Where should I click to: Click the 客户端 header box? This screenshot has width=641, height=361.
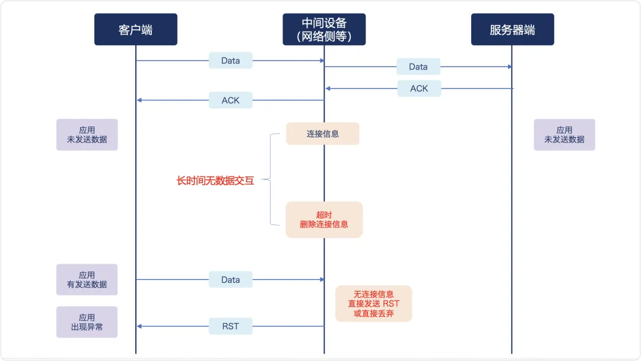tap(135, 30)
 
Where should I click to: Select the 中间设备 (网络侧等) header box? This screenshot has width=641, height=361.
tap(323, 30)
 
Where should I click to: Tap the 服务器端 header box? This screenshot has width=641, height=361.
tap(512, 30)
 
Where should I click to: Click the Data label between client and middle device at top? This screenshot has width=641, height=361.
tap(230, 61)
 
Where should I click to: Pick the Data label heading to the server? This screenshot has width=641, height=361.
tap(418, 66)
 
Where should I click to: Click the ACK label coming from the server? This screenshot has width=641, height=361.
tap(419, 88)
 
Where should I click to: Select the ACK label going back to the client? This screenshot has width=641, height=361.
tap(230, 100)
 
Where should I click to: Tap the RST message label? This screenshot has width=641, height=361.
tap(230, 326)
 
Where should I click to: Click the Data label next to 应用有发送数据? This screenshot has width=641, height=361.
tap(230, 280)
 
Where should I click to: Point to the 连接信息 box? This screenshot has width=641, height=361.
tap(323, 134)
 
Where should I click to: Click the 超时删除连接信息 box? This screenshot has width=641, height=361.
tap(324, 220)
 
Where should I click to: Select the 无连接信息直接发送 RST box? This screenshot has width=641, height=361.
tap(373, 303)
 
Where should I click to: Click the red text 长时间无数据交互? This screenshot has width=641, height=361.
tap(215, 181)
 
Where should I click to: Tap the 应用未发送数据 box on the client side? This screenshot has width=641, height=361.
tap(87, 135)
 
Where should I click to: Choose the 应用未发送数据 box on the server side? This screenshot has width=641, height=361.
tap(564, 135)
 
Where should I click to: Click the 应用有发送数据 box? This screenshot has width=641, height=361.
tap(87, 280)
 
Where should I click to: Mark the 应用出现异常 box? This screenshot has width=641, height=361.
tap(87, 322)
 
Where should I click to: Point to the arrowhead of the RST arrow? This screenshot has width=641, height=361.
tap(139, 326)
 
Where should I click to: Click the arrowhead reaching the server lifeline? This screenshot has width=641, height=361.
tap(509, 66)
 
